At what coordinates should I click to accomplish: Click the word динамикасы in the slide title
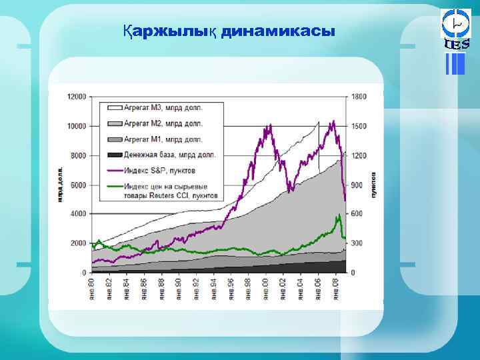pos(278,31)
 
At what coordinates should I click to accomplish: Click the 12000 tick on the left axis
pos(78,97)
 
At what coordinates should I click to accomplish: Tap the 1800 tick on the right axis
pos(359,97)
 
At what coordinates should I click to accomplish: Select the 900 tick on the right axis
pos(357,185)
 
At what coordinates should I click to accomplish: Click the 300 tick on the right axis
pos(357,243)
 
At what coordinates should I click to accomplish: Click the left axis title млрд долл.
pos(60,184)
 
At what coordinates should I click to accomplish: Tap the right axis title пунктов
pos(374,185)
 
